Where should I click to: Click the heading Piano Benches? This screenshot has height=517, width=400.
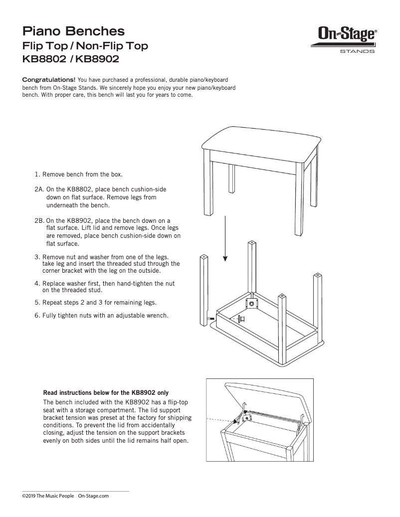[73, 31]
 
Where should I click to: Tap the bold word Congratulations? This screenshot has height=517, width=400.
[49, 80]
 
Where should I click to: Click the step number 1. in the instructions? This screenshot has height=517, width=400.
[37, 174]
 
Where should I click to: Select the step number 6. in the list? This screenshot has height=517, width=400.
[37, 316]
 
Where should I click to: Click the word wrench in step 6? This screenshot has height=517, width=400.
[158, 316]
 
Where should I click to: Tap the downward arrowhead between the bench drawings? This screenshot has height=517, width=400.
[225, 258]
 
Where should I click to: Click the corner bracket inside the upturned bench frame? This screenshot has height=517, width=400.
[251, 303]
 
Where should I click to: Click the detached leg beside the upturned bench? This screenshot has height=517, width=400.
[204, 289]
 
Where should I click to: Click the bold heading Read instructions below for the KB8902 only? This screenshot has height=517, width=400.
[109, 392]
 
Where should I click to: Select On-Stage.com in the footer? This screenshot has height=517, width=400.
[93, 496]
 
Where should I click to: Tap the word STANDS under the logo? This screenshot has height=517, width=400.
[357, 51]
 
